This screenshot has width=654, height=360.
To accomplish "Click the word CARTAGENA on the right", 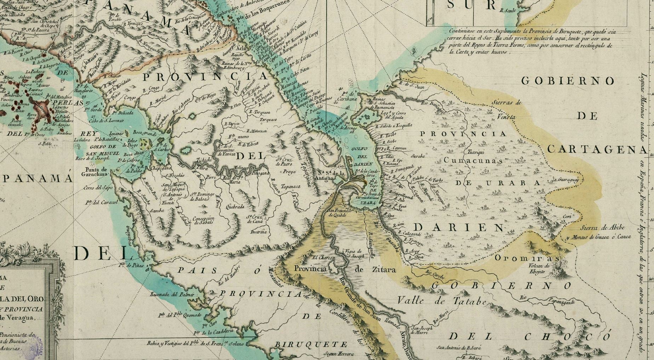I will (x=597, y=150).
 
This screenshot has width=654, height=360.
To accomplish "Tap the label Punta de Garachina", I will (x=94, y=172).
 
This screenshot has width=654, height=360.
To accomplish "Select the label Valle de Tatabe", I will (x=442, y=301).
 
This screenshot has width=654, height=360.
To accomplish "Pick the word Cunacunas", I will (x=473, y=161).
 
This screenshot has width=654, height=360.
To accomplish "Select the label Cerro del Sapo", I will (x=96, y=188).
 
